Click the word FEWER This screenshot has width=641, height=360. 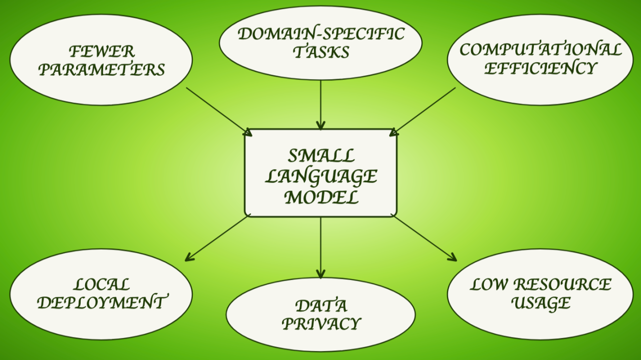click(x=102, y=52)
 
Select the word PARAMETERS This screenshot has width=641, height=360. click(x=102, y=70)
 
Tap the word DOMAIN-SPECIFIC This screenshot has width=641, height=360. click(x=321, y=34)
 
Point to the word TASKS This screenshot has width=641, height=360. click(x=321, y=52)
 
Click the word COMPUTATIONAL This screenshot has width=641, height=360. click(x=540, y=50)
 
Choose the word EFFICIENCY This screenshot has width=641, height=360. click(x=540, y=69)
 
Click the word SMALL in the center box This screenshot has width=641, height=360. click(x=321, y=156)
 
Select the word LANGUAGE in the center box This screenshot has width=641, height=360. click(x=321, y=176)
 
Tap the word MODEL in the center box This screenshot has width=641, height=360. click(x=321, y=197)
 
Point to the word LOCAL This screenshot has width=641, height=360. click(x=102, y=285)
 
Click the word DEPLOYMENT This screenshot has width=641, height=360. click(x=102, y=302)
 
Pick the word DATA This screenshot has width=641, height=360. click(x=321, y=306)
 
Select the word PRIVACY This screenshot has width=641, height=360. click(x=321, y=324)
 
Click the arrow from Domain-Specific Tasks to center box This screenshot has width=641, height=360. click(x=320, y=105)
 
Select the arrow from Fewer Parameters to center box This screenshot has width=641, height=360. click(x=219, y=112)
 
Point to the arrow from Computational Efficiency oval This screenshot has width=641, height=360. click(x=422, y=112)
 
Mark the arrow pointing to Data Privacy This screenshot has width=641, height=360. click(x=320, y=247)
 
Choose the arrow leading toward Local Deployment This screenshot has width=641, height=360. click(x=218, y=238)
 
